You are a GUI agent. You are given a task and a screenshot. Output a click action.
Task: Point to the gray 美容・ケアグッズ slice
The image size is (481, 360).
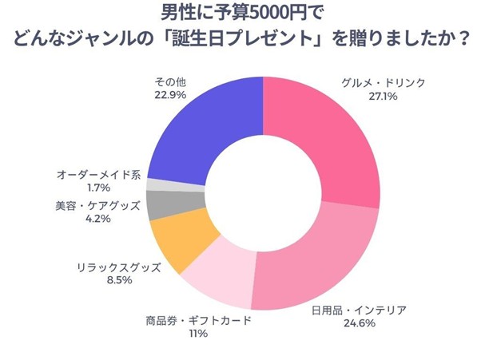(162, 205)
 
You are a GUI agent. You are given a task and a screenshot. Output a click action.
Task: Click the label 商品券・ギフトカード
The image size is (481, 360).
(198, 320)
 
